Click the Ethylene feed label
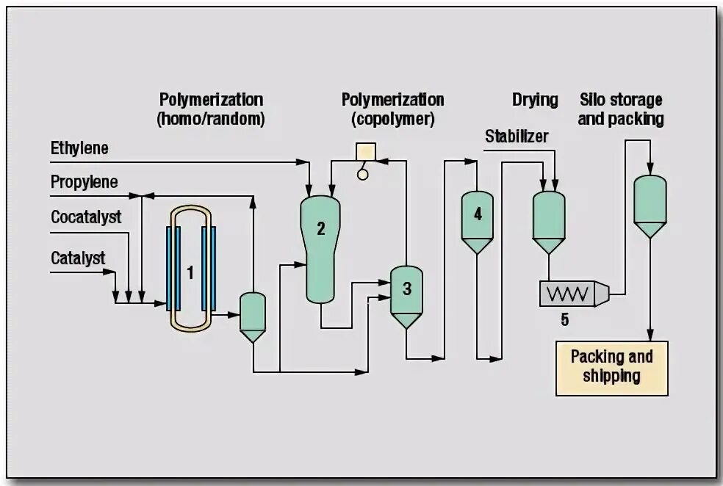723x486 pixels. point(79,148)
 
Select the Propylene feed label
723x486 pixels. point(84,182)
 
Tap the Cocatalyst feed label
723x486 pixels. point(86,218)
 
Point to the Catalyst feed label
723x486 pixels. point(78,258)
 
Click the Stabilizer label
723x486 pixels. point(516,137)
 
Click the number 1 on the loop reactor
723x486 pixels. point(190,273)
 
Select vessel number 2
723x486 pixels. point(320,228)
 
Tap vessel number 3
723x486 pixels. point(406,289)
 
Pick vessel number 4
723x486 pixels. point(478,214)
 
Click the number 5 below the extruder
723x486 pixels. point(564,319)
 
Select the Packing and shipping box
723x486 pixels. point(611,368)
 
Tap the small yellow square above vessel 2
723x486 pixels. point(365,151)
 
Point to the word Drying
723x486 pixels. point(535,100)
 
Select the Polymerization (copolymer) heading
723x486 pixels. point(392,109)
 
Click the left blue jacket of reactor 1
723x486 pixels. point(171,268)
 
